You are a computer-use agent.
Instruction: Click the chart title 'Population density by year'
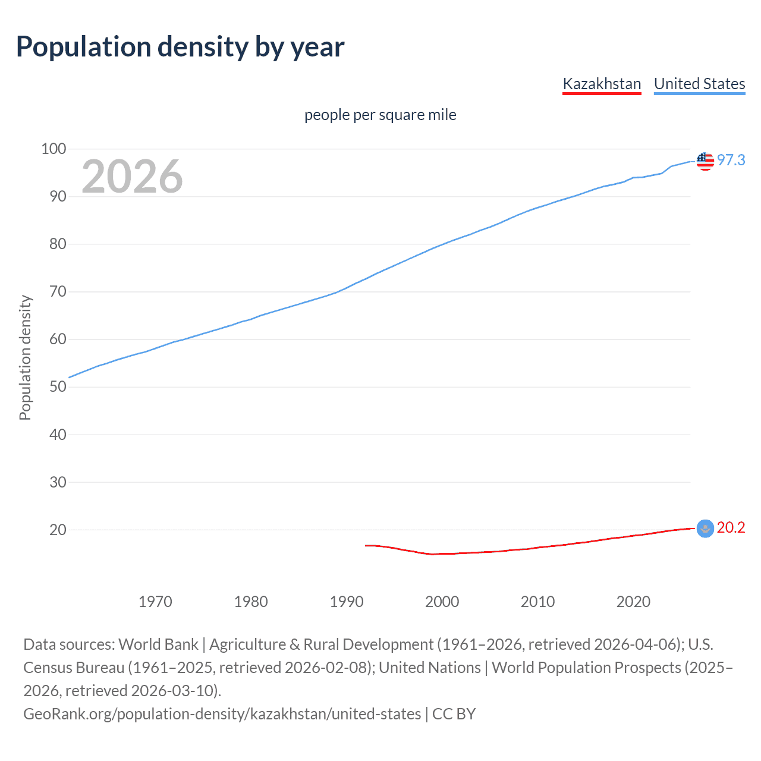180,47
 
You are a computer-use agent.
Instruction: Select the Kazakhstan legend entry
602,84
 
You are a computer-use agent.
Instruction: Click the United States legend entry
699,84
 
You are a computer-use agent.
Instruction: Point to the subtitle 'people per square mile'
380,115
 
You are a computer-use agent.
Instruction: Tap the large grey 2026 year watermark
132,177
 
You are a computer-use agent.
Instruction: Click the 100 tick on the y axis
54,149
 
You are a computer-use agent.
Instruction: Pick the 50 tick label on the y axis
58,386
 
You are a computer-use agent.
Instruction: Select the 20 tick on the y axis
58,530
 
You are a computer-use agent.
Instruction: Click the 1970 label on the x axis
155,602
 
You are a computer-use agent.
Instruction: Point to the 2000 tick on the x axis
442,602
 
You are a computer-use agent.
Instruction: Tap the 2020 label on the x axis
633,602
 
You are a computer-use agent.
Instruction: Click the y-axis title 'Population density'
25,358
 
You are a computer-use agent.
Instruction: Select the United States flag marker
705,161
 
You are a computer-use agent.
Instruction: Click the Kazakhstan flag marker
705,528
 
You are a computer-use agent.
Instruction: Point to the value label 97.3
731,160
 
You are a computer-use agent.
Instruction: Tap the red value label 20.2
731,527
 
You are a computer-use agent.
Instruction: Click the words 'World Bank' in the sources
158,644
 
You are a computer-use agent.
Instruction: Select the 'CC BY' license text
454,714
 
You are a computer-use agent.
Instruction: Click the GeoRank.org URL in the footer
222,714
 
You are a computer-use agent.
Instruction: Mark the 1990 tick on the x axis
347,602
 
